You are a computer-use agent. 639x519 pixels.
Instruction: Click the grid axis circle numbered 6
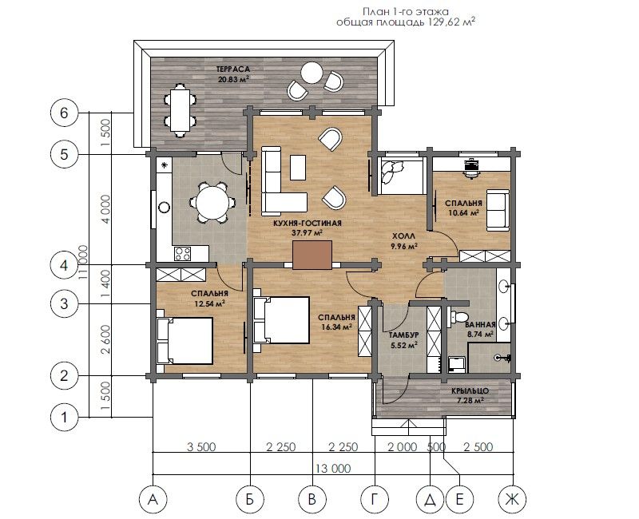64,113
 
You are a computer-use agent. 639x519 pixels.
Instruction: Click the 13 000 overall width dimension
332,469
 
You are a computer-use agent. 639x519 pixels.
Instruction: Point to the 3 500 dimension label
201,447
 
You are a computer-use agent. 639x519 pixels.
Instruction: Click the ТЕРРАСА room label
233,69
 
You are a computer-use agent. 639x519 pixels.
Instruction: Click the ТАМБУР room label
403,335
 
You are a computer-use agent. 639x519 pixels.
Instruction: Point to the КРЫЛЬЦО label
470,391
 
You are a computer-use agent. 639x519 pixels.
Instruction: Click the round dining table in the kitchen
212,203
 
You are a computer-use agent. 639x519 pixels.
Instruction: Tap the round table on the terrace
312,73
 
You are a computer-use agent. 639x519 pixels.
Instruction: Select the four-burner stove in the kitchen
183,254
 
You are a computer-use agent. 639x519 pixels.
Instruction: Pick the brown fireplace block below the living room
312,255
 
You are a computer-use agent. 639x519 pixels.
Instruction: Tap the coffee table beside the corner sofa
298,167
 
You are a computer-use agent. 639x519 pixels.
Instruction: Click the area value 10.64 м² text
464,212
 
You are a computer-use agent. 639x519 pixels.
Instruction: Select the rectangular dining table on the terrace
179,110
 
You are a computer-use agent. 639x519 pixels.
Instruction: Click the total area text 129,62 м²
452,22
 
